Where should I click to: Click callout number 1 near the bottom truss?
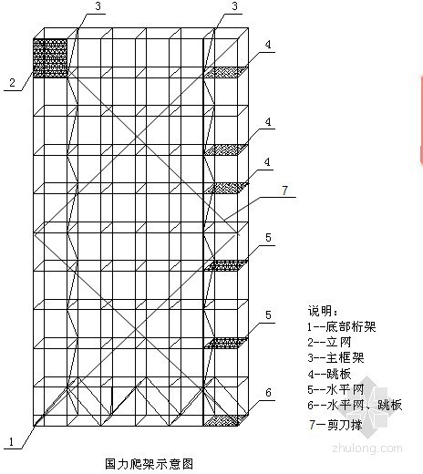click(x=11, y=441)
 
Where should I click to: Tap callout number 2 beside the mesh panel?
click(x=12, y=83)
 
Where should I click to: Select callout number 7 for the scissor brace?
click(x=284, y=191)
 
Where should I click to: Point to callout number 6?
click(x=268, y=393)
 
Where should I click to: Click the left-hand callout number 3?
click(x=98, y=6)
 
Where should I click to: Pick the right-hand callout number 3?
click(x=235, y=6)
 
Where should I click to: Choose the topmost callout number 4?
click(x=268, y=45)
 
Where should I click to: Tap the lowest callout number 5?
click(x=268, y=314)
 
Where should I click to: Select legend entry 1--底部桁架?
click(x=342, y=326)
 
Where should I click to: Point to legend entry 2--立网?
click(x=329, y=343)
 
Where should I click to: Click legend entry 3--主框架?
click(x=335, y=358)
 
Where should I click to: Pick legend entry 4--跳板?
click(x=329, y=374)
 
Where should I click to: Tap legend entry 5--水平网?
click(x=335, y=389)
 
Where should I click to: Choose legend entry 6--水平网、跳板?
click(x=355, y=406)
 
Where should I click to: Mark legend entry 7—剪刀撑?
click(x=335, y=425)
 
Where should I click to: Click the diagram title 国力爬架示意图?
click(x=149, y=464)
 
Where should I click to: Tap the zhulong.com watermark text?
click(x=367, y=448)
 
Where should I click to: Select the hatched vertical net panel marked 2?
click(x=50, y=58)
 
